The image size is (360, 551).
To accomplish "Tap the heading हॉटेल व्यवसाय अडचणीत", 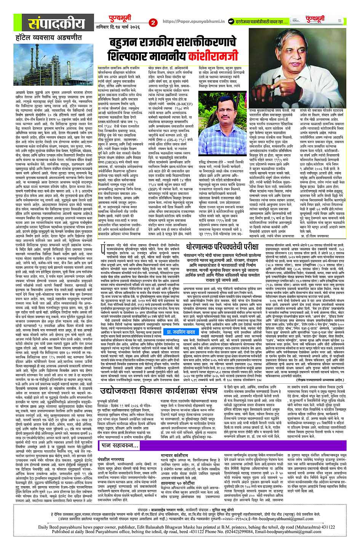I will pyautogui.click(x=43, y=38).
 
